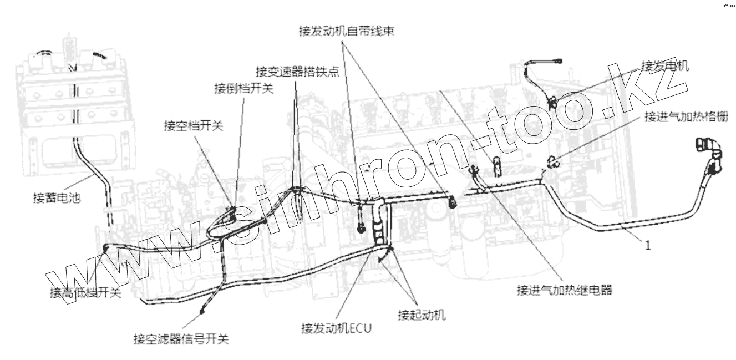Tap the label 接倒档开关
click(x=243, y=89)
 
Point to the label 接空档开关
click(x=193, y=126)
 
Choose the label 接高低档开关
click(x=85, y=293)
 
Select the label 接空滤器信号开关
click(x=181, y=338)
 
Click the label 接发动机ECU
click(x=336, y=327)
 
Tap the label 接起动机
click(x=422, y=315)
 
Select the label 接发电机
click(x=665, y=65)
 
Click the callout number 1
click(x=647, y=245)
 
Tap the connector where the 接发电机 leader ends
click(x=552, y=101)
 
